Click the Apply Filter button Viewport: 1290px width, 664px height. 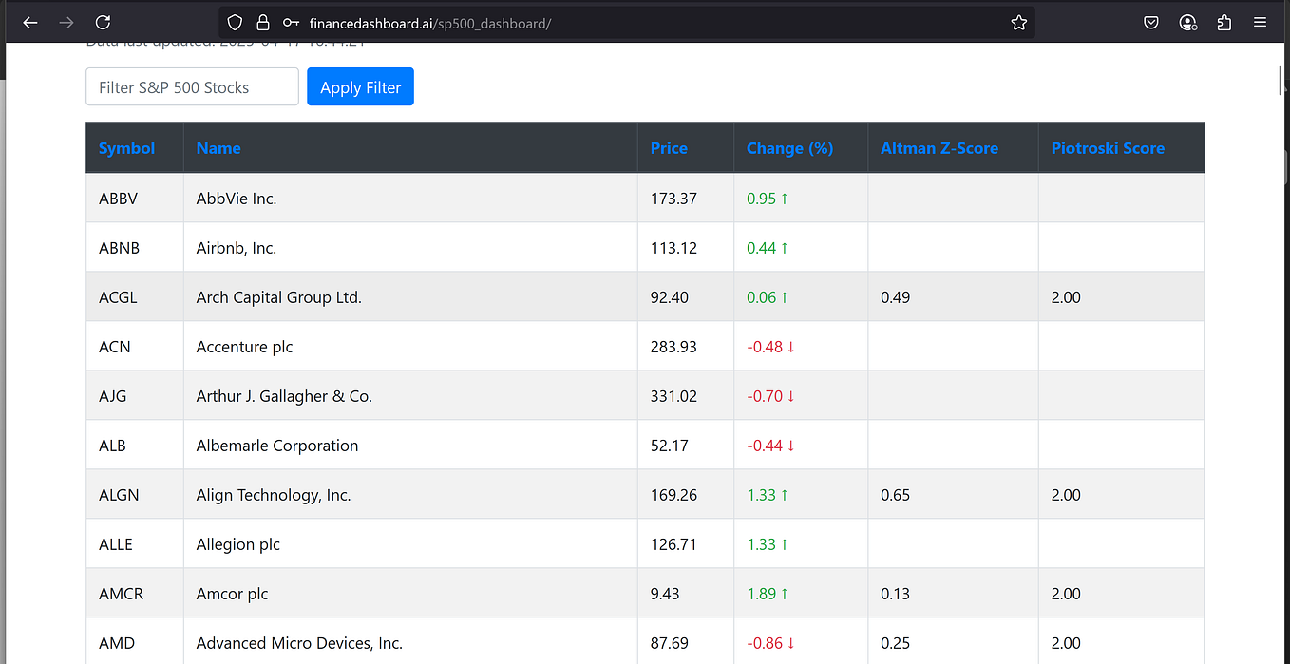360,87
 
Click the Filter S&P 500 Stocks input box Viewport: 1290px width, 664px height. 192,87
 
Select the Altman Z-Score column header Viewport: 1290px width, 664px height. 939,148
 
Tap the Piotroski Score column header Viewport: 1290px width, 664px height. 1107,148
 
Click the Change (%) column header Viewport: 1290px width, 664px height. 789,148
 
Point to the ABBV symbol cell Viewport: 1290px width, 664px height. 118,199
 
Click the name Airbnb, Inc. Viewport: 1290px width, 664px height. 236,248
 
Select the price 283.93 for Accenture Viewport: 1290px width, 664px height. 673,347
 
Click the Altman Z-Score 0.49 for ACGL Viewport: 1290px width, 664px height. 895,297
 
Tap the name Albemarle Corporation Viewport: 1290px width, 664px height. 277,446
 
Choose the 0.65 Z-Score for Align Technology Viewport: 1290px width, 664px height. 895,495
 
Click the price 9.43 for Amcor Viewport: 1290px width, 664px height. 666,594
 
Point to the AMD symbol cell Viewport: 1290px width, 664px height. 117,643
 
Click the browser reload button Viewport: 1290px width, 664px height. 104,22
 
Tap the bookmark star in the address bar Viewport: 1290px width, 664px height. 1018,23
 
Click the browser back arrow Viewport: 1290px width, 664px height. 30,22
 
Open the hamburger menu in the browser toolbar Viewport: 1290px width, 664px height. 1260,22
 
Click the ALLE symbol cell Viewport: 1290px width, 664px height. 116,544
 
